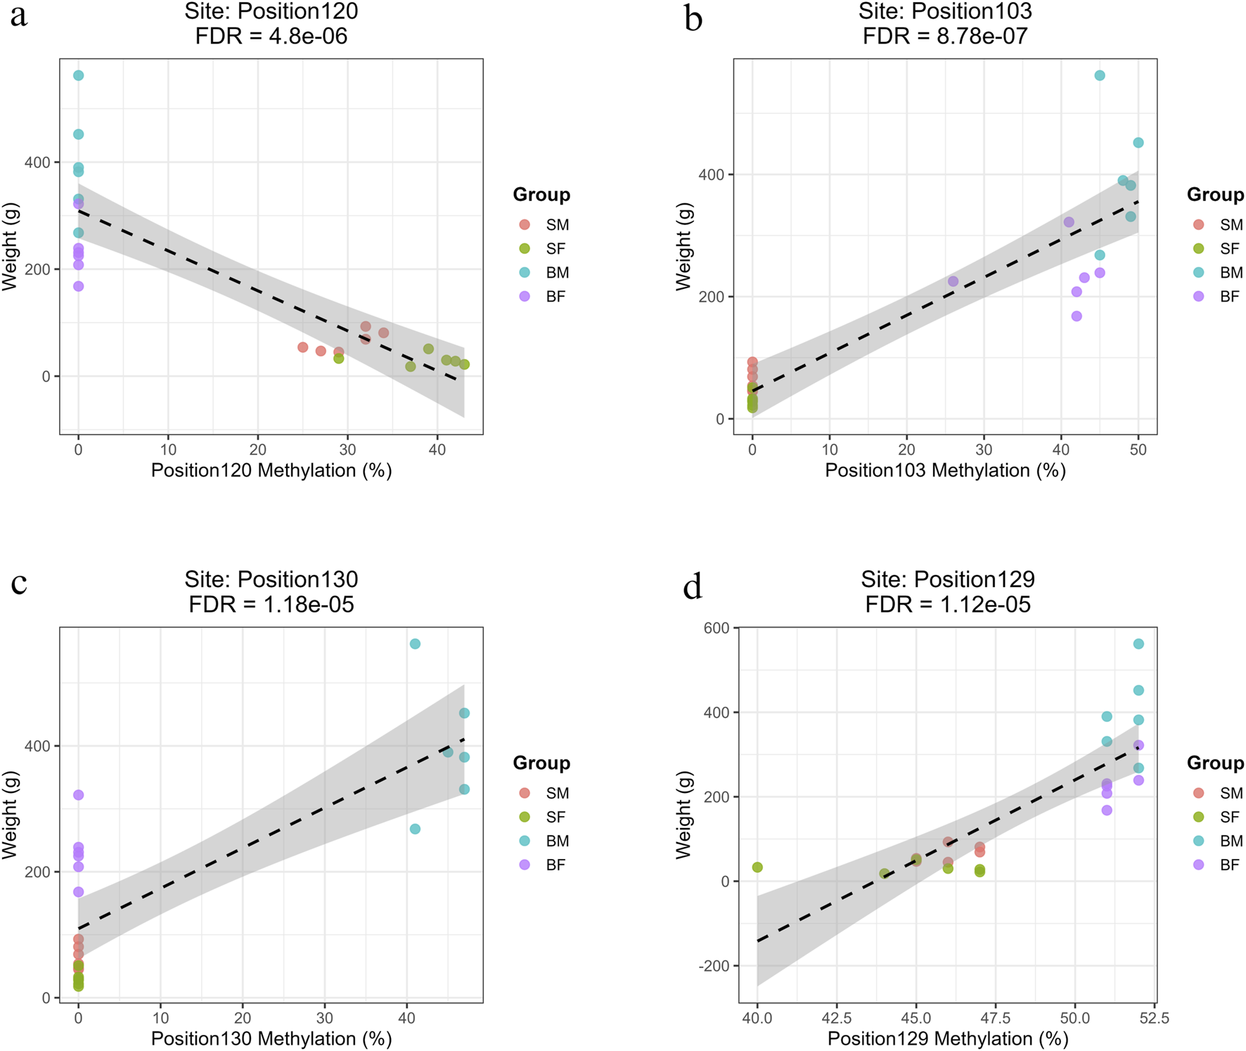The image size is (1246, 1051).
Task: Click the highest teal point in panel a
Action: click(79, 75)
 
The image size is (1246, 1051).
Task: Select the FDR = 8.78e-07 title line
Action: click(945, 36)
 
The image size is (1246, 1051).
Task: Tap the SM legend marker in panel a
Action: click(524, 225)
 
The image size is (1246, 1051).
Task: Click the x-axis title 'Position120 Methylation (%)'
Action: click(271, 470)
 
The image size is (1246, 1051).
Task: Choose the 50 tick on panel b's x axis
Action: click(1138, 450)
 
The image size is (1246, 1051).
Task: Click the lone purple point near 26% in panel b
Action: click(953, 281)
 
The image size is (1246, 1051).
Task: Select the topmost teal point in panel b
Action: click(1100, 75)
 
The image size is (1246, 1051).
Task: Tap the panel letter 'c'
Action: click(18, 583)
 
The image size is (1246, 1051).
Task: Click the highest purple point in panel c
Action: click(79, 795)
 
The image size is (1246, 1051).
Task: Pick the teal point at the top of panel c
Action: click(415, 644)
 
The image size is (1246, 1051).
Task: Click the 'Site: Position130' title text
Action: click(271, 579)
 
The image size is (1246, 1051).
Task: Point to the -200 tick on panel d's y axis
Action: click(714, 966)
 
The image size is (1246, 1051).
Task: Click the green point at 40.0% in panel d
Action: click(757, 868)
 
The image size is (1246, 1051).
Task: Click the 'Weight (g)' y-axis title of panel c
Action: click(10, 814)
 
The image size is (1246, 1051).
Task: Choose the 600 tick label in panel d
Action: click(717, 628)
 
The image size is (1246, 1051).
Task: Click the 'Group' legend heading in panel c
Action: click(541, 763)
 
